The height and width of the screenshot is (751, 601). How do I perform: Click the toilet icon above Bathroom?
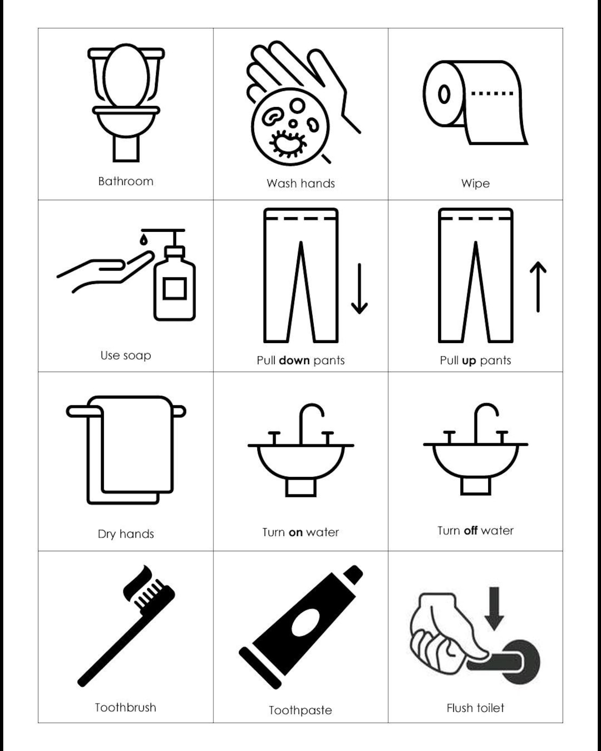126,103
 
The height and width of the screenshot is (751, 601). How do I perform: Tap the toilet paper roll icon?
474,102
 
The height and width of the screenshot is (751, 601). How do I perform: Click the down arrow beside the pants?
360,288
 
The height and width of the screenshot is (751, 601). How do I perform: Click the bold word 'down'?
294,360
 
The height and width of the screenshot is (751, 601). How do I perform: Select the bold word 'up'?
469,360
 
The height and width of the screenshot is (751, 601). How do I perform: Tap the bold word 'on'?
295,532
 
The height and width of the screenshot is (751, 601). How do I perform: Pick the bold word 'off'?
470,531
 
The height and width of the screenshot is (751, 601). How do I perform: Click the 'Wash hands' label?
300,183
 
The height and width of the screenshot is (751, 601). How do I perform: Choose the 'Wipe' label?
475,183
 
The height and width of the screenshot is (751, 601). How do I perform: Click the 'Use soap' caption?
125,355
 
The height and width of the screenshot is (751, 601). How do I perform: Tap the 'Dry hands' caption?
125,534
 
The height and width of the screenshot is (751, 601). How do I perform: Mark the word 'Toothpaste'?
300,710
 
